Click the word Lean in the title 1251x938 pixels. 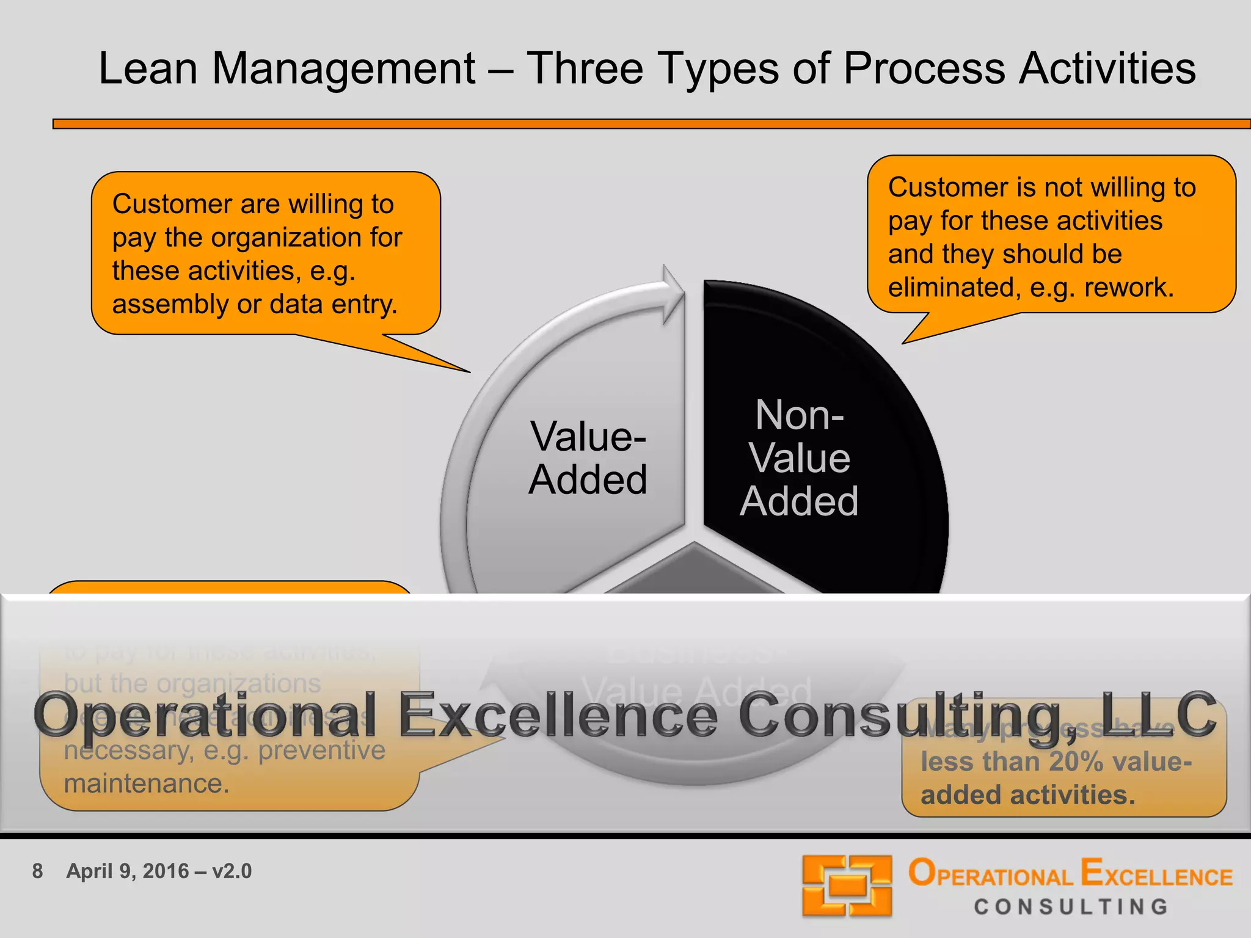pos(148,68)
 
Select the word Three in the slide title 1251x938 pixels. pos(585,68)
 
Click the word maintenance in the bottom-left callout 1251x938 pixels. pos(147,783)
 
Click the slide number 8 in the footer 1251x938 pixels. pos(37,871)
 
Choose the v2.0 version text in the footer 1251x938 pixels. pos(232,871)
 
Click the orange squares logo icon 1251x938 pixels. pos(847,885)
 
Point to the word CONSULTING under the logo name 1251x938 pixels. pos(1071,907)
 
